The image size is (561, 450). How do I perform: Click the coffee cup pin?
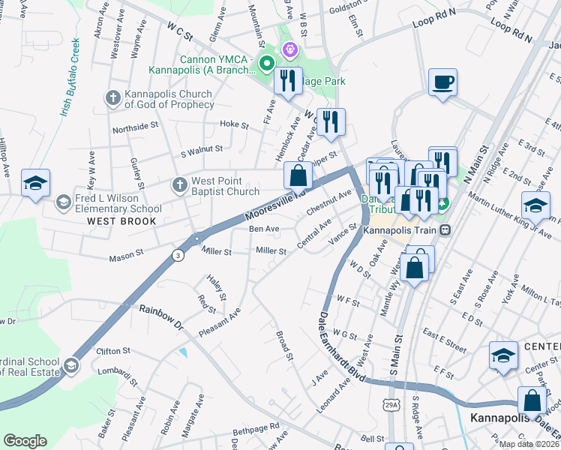pos(442,82)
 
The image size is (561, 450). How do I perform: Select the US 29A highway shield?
pos(392,405)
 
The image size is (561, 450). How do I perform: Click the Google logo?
pos(25,441)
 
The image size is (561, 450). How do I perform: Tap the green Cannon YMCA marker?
pos(265,63)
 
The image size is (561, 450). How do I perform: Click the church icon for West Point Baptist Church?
pos(179,184)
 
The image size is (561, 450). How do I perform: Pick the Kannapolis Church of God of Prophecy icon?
pos(113,97)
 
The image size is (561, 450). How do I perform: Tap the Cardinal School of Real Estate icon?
pos(70,365)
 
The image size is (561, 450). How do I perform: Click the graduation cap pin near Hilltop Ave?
pos(35,183)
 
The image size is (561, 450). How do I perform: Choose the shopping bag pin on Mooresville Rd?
pos(298,175)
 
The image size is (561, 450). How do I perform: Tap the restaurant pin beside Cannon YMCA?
pos(288,80)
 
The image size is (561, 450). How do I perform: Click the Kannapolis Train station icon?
pos(445,229)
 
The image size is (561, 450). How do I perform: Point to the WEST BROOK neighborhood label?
pos(121,221)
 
